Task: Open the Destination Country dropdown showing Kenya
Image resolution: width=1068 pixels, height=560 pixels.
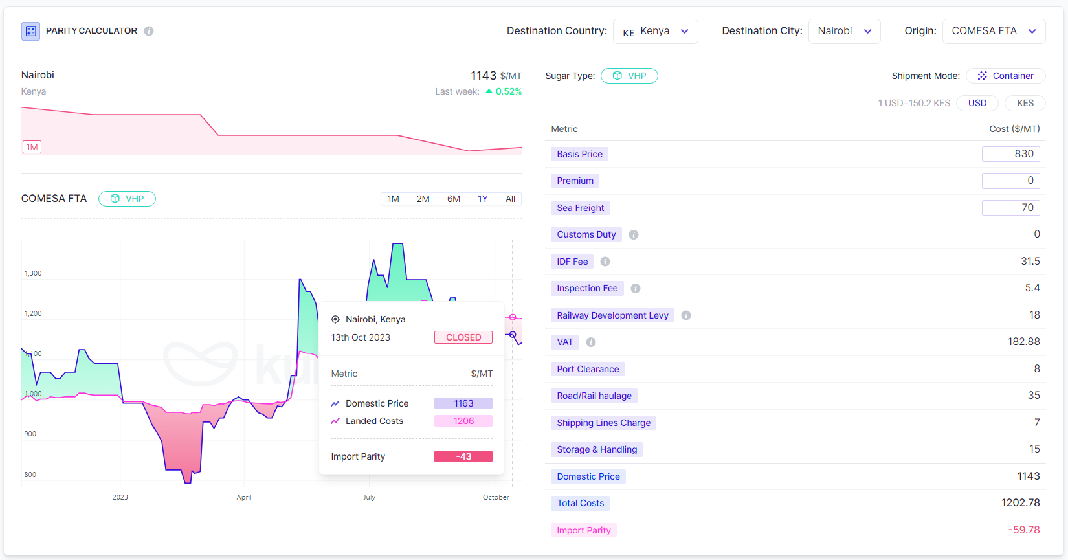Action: click(655, 31)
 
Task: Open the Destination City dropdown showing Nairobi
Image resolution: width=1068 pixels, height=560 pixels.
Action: click(844, 31)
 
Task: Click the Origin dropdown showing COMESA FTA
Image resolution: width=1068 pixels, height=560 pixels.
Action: click(994, 31)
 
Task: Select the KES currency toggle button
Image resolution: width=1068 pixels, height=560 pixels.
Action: click(1025, 103)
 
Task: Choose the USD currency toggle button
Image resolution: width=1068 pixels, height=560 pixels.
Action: click(977, 103)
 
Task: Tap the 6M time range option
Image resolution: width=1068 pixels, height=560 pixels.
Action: click(454, 199)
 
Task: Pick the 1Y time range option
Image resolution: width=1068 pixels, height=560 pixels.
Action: click(483, 199)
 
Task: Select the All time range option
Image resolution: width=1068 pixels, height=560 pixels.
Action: click(511, 199)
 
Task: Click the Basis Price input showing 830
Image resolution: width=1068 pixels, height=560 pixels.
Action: click(1010, 154)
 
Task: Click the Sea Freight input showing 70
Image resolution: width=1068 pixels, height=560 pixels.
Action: click(1010, 208)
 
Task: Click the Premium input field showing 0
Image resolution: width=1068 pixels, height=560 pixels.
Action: click(1010, 181)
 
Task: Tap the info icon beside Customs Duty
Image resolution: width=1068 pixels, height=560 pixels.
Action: click(634, 235)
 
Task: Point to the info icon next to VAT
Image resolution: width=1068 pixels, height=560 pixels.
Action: click(591, 342)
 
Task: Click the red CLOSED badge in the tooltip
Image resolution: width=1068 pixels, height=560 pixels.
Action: click(463, 337)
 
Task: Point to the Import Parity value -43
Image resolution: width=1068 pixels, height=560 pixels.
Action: click(463, 456)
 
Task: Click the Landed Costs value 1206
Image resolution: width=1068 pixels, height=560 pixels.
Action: click(463, 421)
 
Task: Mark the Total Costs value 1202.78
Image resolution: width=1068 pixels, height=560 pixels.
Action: click(1020, 503)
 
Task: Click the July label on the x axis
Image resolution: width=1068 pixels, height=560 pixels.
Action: click(369, 497)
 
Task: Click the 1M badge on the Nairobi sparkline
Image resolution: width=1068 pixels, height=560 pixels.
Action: click(32, 147)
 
